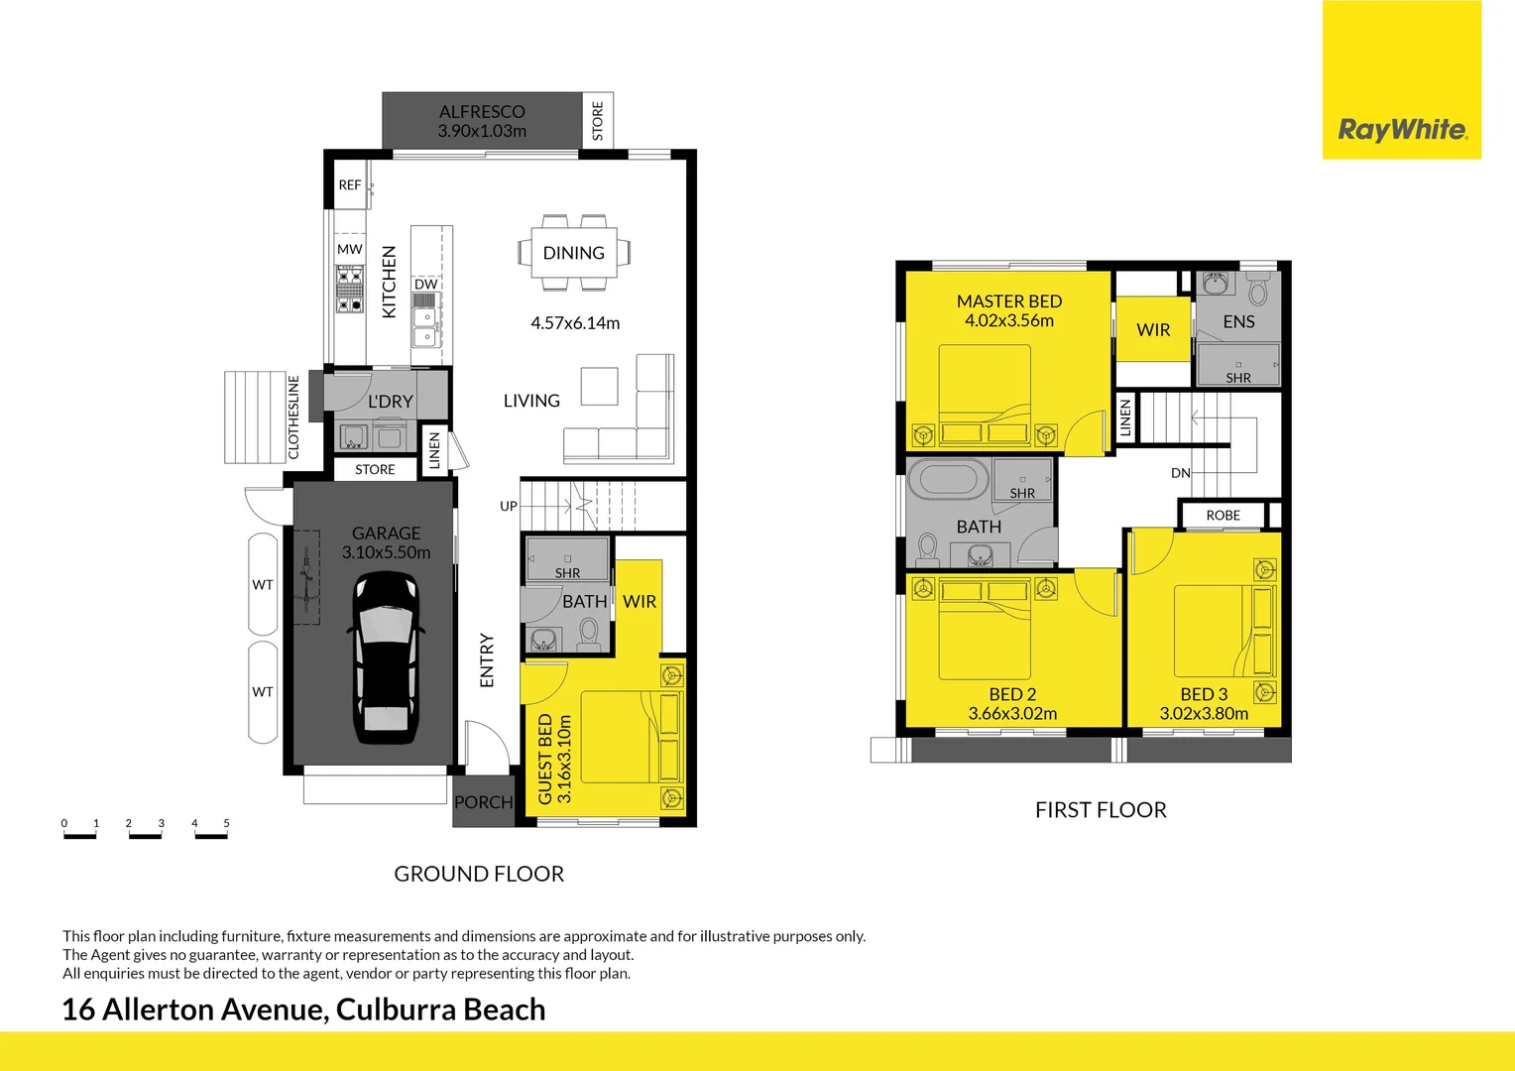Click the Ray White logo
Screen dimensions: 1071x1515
(x=1402, y=129)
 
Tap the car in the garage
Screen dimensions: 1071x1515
(x=386, y=657)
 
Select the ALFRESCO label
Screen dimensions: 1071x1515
(x=482, y=112)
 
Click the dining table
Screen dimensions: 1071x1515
(x=573, y=253)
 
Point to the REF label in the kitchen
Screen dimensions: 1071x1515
(x=350, y=184)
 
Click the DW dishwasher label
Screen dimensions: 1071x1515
(x=426, y=285)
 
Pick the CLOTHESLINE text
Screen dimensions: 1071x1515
(x=293, y=417)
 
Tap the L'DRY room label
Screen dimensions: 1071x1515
(x=390, y=402)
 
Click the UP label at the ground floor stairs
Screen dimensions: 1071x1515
(x=509, y=506)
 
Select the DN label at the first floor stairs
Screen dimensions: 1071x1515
(x=1180, y=473)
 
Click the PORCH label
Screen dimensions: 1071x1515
(x=483, y=802)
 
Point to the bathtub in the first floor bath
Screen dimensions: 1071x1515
(x=948, y=479)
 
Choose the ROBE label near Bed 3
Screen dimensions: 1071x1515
(x=1223, y=516)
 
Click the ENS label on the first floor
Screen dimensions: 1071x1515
(x=1238, y=321)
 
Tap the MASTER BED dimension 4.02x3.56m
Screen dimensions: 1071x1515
(x=1009, y=320)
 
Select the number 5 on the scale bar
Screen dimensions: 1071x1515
(x=226, y=823)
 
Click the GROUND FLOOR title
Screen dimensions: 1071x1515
(x=479, y=874)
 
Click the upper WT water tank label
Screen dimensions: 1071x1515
(x=263, y=585)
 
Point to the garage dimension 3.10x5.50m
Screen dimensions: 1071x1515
(x=386, y=552)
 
